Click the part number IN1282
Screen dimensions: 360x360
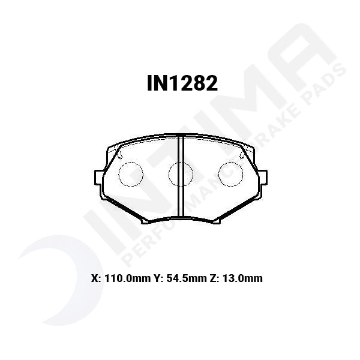point(181,84)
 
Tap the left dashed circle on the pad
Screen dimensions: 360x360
point(131,175)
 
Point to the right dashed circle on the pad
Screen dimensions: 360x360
point(230,175)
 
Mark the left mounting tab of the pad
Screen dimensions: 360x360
point(98,177)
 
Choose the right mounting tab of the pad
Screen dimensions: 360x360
point(263,177)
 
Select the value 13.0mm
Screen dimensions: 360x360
point(243,278)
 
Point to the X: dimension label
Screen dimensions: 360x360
point(95,278)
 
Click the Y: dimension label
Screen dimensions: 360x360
point(158,278)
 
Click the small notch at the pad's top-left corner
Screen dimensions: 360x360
point(119,154)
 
